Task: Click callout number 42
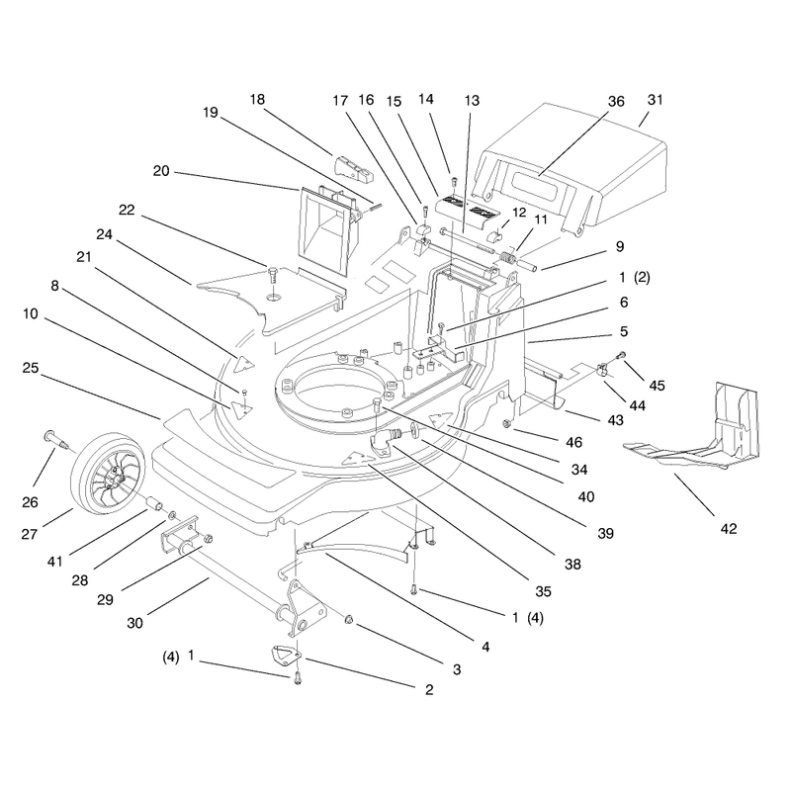click(729, 529)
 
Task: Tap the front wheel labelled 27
click(108, 472)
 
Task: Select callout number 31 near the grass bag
click(655, 100)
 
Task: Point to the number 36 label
click(616, 102)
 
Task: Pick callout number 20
click(161, 171)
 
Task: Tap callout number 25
click(31, 368)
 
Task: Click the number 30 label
click(134, 623)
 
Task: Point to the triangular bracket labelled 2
click(284, 653)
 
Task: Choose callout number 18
click(257, 100)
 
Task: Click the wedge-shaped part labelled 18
click(354, 168)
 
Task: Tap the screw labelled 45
click(622, 355)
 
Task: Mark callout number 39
click(605, 533)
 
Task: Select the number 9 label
click(620, 246)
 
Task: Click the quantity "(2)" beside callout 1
click(642, 278)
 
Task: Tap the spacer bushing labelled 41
click(154, 503)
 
